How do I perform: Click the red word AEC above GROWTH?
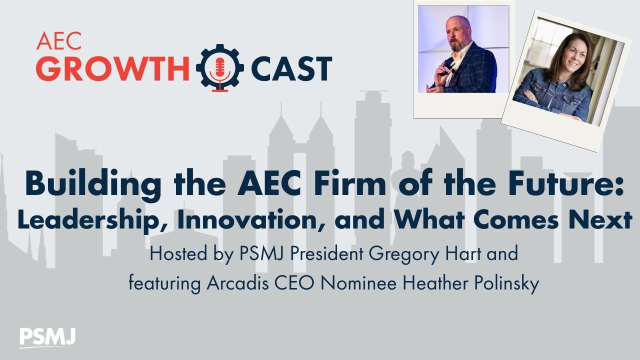click(58, 41)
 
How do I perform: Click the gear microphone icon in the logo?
click(220, 67)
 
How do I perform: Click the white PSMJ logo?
click(47, 337)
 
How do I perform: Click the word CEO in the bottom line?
click(297, 283)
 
